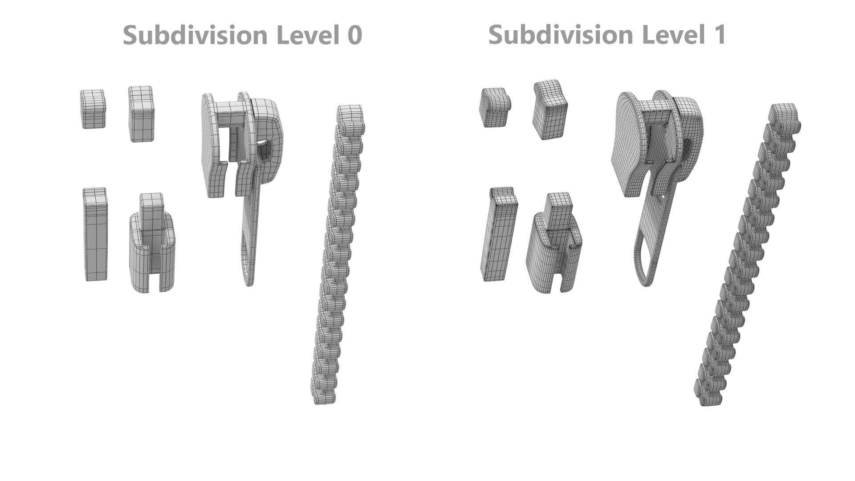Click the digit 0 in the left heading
tap(354, 35)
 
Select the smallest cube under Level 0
tap(93, 109)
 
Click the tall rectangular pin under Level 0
tap(95, 235)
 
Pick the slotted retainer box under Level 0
tap(152, 249)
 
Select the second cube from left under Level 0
tap(141, 114)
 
